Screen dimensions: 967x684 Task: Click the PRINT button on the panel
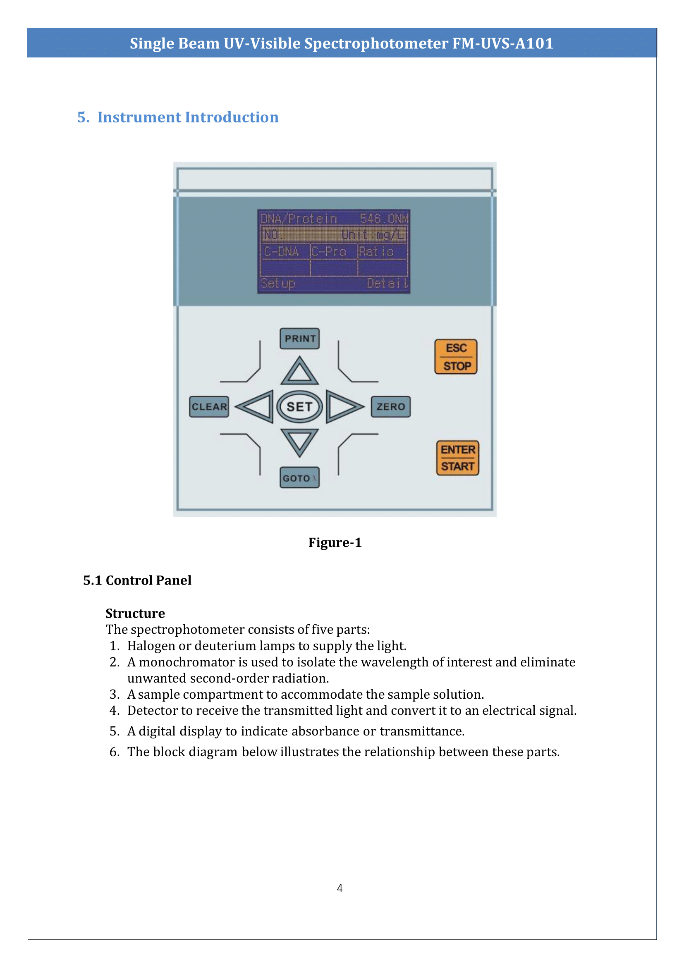pyautogui.click(x=299, y=339)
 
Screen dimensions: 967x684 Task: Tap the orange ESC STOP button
pyautogui.click(x=456, y=357)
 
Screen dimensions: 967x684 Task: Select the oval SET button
pyautogui.click(x=299, y=407)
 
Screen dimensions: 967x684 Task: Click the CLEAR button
pyautogui.click(x=209, y=407)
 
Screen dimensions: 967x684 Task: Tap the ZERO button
pyautogui.click(x=390, y=407)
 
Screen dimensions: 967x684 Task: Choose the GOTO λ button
pyautogui.click(x=299, y=478)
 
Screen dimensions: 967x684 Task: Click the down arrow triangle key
pyautogui.click(x=299, y=441)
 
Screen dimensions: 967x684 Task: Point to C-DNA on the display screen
pyautogui.click(x=281, y=252)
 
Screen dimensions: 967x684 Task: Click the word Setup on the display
pyautogui.click(x=277, y=284)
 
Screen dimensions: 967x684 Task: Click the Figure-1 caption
pyautogui.click(x=335, y=542)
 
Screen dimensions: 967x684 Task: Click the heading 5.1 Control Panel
pyautogui.click(x=137, y=580)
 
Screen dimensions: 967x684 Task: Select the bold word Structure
pyautogui.click(x=135, y=613)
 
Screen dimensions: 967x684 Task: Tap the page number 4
pyautogui.click(x=340, y=888)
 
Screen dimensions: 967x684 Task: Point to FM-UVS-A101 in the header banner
pyautogui.click(x=502, y=43)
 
